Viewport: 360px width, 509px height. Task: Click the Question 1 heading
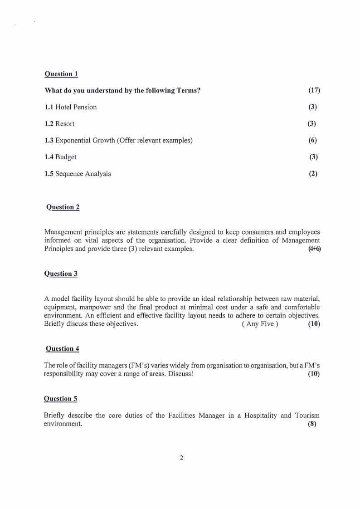click(61, 73)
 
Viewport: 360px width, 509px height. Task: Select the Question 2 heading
click(63, 207)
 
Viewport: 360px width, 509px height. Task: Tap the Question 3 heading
click(61, 274)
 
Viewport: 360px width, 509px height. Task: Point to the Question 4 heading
click(63, 348)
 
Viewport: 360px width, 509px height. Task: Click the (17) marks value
click(314, 90)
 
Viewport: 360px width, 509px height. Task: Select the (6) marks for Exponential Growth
click(312, 140)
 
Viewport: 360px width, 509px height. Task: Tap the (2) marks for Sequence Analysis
click(313, 174)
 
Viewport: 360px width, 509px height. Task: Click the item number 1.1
click(49, 107)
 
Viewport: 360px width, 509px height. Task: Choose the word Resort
click(65, 124)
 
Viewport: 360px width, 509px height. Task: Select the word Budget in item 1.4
click(66, 157)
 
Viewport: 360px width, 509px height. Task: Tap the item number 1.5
click(49, 174)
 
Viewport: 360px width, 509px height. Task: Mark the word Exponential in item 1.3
click(73, 140)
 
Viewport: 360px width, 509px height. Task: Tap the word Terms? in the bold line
click(189, 90)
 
